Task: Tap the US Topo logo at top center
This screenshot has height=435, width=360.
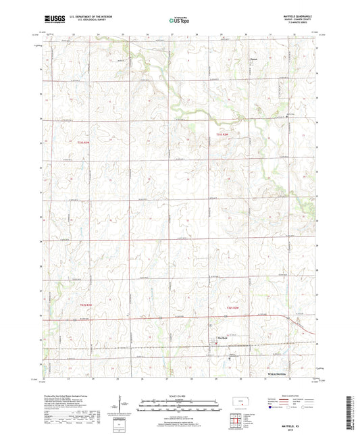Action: pos(179,21)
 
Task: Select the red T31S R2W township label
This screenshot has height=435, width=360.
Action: pos(224,135)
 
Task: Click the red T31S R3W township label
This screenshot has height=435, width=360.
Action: pos(83,142)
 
